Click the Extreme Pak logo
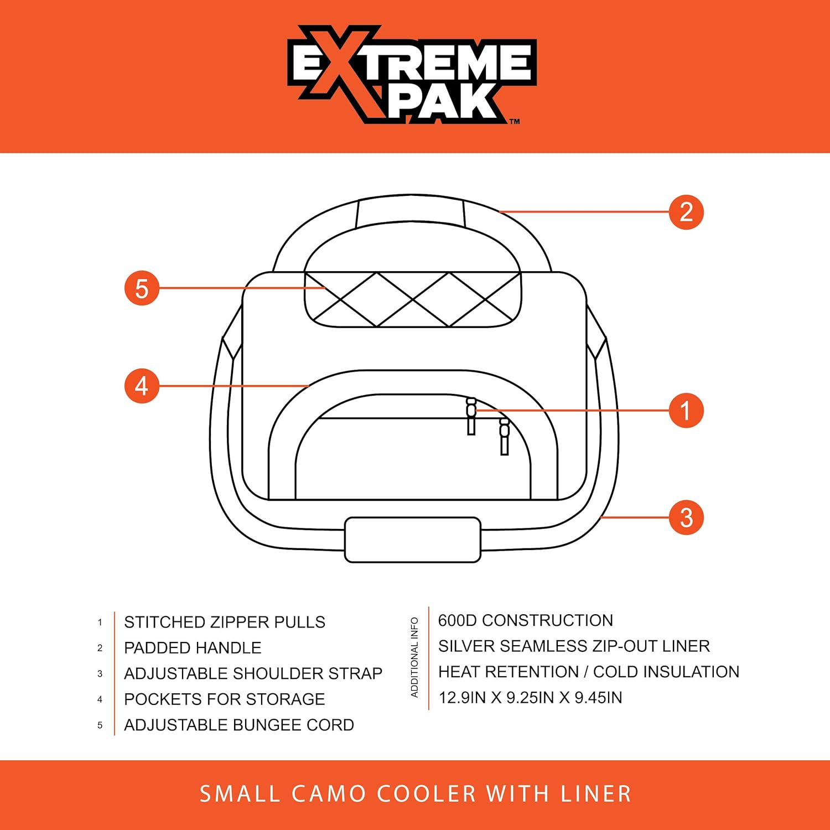point(412,75)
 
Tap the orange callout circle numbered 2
point(686,212)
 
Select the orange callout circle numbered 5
point(142,288)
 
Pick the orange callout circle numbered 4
point(142,386)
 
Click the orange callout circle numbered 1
point(686,411)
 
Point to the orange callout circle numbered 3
point(686,517)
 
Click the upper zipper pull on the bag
point(471,416)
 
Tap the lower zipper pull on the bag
point(504,437)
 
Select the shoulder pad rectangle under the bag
point(413,540)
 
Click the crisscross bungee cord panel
point(413,299)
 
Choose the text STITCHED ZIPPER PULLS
point(225,622)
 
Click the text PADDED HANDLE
point(193,647)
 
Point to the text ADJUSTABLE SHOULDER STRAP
point(253,673)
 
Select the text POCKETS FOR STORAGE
point(225,699)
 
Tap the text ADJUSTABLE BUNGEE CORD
point(239,725)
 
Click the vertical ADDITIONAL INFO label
point(414,657)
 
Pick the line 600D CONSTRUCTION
point(526,620)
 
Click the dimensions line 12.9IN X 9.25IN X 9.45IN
point(531,697)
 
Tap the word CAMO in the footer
point(328,794)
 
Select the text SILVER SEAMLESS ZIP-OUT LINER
point(574,646)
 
